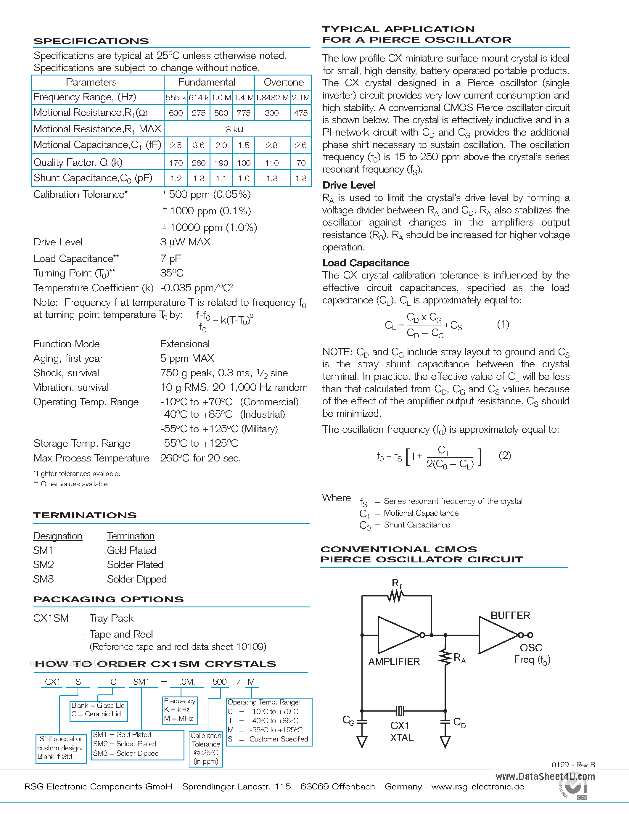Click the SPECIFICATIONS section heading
coord(91,41)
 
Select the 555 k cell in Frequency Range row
coord(176,98)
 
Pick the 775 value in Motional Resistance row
coord(244,113)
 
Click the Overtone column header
coord(283,82)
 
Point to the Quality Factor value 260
coord(198,163)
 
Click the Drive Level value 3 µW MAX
coord(185,242)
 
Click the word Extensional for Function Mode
coord(184,344)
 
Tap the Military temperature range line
coord(219,429)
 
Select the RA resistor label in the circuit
coord(459,658)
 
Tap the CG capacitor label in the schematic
coord(348,721)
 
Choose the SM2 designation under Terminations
coord(43,565)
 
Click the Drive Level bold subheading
coord(348,185)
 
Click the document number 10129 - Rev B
coord(571,765)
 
